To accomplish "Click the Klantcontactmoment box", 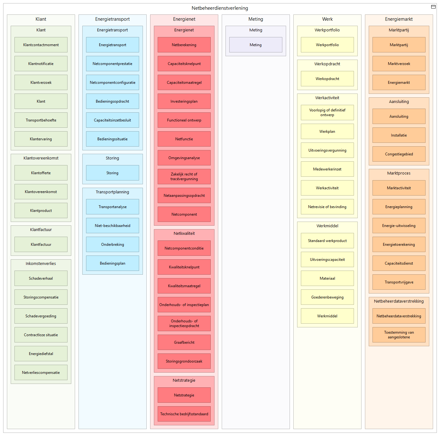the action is point(41,45).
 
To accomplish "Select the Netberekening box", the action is point(184,45).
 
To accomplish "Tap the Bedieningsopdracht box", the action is point(112,101).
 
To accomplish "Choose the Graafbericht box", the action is point(184,342).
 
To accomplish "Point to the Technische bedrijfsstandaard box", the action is point(184,414).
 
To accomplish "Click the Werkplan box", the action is point(327,131).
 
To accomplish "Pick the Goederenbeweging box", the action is point(327,297).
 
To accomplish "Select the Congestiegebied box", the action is point(399,154).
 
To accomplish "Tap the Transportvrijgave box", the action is point(399,282).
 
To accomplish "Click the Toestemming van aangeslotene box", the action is point(399,335).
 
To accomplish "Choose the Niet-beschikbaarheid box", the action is point(112,225).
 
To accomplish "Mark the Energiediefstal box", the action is point(41,353).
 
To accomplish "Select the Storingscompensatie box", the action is point(41,297).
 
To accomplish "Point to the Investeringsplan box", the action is point(184,101).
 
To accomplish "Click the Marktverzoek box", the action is point(399,63).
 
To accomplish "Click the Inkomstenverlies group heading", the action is point(41,263).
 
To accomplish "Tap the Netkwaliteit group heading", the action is point(184,233).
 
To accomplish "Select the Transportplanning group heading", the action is point(112,192).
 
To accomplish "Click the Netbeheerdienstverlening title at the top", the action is point(220,8).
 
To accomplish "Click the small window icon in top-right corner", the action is point(433,7).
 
